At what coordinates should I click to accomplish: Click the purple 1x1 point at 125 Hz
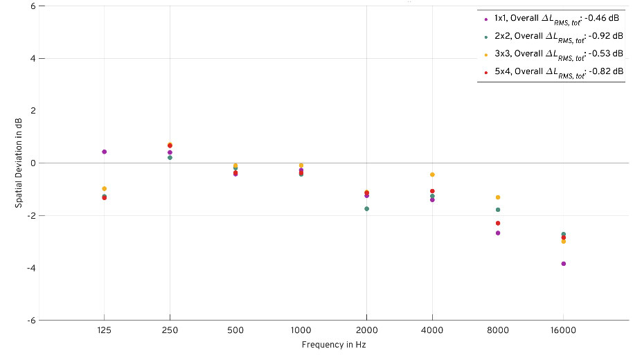tap(104, 152)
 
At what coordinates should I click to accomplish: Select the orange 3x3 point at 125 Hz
tap(104, 188)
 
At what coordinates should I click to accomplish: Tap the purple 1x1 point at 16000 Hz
tap(564, 264)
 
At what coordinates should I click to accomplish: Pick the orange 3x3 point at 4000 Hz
tap(432, 174)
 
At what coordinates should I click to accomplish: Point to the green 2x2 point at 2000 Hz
tap(366, 208)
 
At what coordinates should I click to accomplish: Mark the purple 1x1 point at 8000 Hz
tap(498, 233)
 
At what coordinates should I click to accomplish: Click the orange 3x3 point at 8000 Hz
tap(498, 197)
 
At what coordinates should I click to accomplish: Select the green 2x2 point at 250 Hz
tap(170, 158)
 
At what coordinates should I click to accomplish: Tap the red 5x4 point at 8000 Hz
tap(498, 223)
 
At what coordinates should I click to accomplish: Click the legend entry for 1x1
tap(551, 19)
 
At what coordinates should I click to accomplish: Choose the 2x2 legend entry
tap(551, 36)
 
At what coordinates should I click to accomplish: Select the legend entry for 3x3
tap(551, 54)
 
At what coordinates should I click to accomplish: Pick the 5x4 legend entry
tap(551, 71)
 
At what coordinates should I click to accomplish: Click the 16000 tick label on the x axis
tap(563, 331)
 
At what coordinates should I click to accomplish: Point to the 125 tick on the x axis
tap(104, 331)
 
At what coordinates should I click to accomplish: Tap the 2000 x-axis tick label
tap(366, 331)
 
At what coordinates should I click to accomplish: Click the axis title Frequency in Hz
tap(333, 345)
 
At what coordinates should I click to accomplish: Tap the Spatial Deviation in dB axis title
tap(19, 163)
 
